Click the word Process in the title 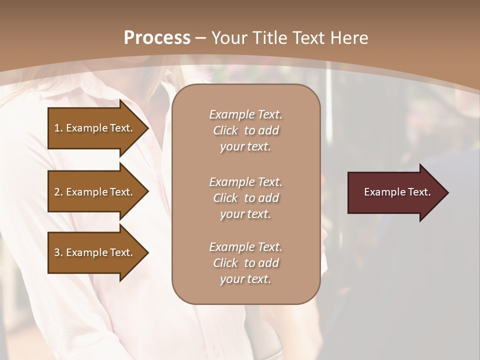(x=157, y=38)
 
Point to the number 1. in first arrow (x=58, y=128)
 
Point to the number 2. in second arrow (x=58, y=192)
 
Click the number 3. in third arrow (x=58, y=252)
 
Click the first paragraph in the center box (x=245, y=130)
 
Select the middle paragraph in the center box (x=245, y=198)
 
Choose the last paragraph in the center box (x=245, y=263)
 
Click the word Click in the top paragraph (x=225, y=130)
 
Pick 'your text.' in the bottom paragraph (x=245, y=279)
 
